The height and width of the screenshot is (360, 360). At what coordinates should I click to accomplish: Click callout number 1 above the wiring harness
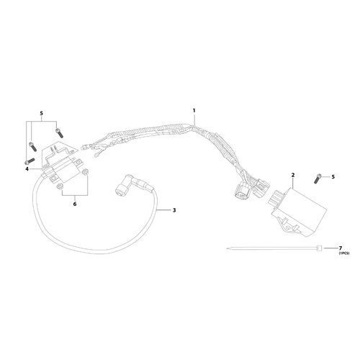tap(194, 111)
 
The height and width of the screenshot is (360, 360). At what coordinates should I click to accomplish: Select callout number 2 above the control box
tap(293, 175)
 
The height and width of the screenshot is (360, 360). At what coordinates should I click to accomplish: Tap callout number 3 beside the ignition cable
tap(174, 210)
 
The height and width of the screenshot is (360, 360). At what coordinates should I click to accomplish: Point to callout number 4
tap(27, 169)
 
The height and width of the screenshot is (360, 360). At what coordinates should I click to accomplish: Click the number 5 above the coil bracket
tap(41, 113)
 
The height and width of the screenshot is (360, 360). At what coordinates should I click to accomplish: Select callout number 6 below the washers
tap(75, 204)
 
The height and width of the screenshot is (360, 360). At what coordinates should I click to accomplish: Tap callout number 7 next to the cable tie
tap(340, 248)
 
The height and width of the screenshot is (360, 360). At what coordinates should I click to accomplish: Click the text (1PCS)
tap(344, 253)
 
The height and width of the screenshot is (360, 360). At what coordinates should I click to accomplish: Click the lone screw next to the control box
tap(317, 179)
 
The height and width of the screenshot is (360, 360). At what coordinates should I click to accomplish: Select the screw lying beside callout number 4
tap(30, 161)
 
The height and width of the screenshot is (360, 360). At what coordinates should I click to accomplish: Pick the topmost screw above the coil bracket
tap(59, 133)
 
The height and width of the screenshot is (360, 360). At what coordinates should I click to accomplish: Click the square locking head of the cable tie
tap(319, 248)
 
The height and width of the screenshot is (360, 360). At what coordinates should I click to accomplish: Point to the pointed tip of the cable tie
tap(226, 249)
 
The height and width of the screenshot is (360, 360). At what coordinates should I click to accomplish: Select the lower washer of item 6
tap(60, 186)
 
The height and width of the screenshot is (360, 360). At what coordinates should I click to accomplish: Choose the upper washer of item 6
tap(85, 172)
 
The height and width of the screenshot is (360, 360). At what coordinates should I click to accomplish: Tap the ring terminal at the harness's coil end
tap(97, 156)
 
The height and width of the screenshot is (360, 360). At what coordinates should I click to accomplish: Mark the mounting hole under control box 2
tap(287, 227)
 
